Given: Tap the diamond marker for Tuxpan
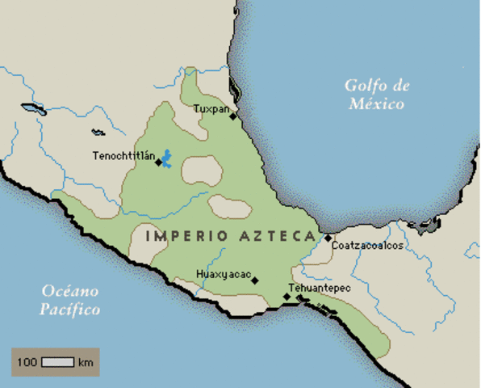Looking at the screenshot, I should [232, 116].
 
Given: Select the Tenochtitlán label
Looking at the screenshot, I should [123, 155].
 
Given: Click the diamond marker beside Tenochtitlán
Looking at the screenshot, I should [158, 162].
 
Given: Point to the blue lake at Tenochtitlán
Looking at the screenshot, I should [167, 158].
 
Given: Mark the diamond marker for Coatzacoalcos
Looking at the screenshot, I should [328, 238].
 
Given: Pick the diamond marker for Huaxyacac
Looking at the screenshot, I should [255, 280].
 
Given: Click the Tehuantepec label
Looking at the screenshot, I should [320, 286].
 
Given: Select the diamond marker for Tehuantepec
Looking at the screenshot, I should [287, 297].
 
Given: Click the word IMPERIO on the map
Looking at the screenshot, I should [176, 236].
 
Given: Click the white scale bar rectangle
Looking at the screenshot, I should [58, 361].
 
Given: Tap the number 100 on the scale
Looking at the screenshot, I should [27, 361].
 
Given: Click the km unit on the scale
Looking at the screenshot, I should [86, 361].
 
